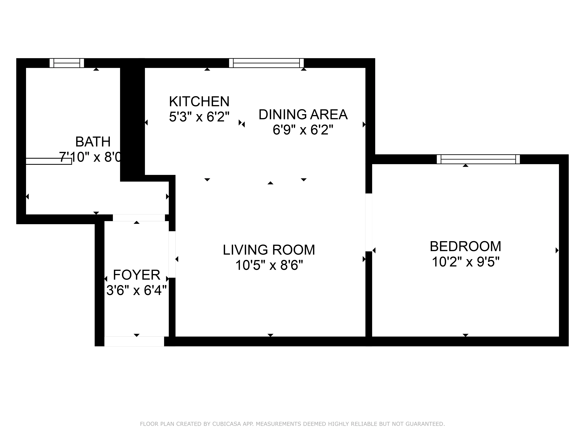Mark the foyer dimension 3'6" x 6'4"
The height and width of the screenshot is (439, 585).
pyautogui.click(x=136, y=290)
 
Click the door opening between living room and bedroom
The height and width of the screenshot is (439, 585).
pyautogui.click(x=369, y=222)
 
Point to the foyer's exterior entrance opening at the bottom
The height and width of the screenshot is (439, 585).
pyautogui.click(x=134, y=341)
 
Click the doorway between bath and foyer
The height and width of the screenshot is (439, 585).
pyautogui.click(x=139, y=217)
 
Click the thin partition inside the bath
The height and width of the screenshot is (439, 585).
pyautogui.click(x=49, y=161)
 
